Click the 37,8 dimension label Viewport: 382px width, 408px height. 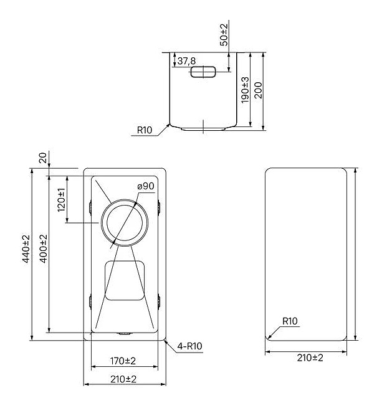coord(186,61)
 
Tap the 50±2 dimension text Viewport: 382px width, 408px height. coord(224,35)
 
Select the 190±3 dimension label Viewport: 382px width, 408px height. coord(245,90)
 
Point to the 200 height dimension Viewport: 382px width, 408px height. coord(258,90)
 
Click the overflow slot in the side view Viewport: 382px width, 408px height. coord(203,72)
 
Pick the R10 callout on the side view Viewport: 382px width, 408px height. coord(145,130)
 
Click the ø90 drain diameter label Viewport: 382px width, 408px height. coord(146,186)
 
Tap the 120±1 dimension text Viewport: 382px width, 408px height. coord(62,200)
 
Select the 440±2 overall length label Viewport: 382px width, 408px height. coord(26,249)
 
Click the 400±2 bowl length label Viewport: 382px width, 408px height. coord(44,249)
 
